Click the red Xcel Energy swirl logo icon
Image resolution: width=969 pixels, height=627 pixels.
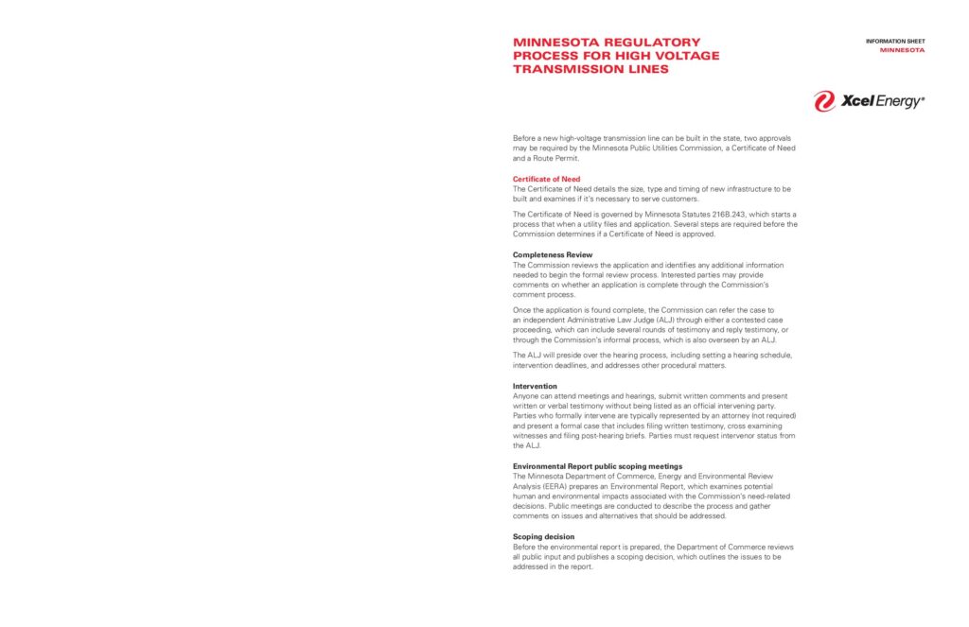[x=824, y=101]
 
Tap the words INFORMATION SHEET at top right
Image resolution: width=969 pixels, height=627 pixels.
[x=895, y=42]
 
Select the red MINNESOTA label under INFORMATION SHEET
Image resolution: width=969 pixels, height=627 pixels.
[x=902, y=50]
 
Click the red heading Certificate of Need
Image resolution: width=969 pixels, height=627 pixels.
[x=546, y=179]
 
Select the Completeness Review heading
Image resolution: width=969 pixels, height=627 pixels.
[x=552, y=255]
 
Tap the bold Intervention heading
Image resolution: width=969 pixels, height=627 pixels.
[x=535, y=386]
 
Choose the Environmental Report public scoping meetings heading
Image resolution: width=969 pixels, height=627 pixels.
[x=597, y=466]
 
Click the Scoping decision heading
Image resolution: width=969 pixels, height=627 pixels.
[x=543, y=537]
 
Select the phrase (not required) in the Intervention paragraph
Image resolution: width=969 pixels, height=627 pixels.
[x=769, y=415]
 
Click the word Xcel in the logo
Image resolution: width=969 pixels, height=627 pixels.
[x=857, y=101]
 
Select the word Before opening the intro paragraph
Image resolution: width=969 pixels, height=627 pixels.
[x=526, y=138]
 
